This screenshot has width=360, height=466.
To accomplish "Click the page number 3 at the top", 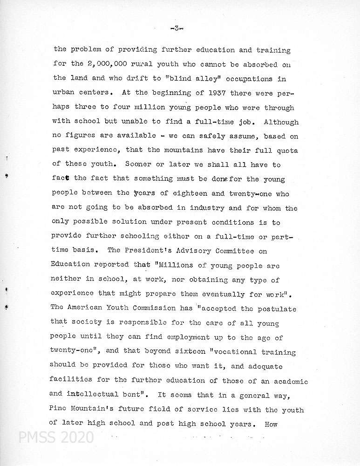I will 177,29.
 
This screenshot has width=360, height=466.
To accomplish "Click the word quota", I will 287,151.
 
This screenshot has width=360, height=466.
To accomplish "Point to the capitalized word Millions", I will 176,265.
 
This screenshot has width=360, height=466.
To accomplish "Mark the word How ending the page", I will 271,424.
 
